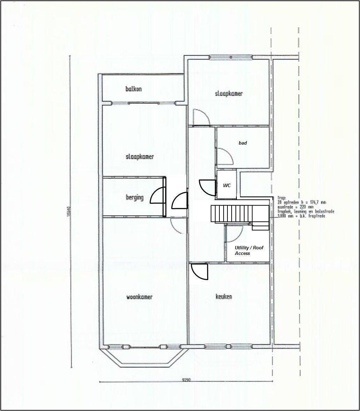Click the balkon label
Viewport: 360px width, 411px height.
tap(134, 89)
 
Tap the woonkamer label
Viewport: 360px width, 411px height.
tap(139, 297)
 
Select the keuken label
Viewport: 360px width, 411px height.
tap(224, 297)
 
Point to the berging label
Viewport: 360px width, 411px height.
tap(135, 198)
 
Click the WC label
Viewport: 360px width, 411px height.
tap(227, 186)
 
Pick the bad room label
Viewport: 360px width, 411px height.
tap(243, 143)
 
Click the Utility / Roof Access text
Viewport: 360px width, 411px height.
tap(249, 250)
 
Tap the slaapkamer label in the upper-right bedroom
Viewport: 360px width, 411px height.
tap(228, 94)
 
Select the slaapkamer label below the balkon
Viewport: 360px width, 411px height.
tap(140, 157)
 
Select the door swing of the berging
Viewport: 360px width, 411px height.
tap(158, 196)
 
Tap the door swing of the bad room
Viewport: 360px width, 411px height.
tap(225, 156)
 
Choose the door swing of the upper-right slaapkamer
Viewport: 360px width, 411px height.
tap(202, 117)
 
